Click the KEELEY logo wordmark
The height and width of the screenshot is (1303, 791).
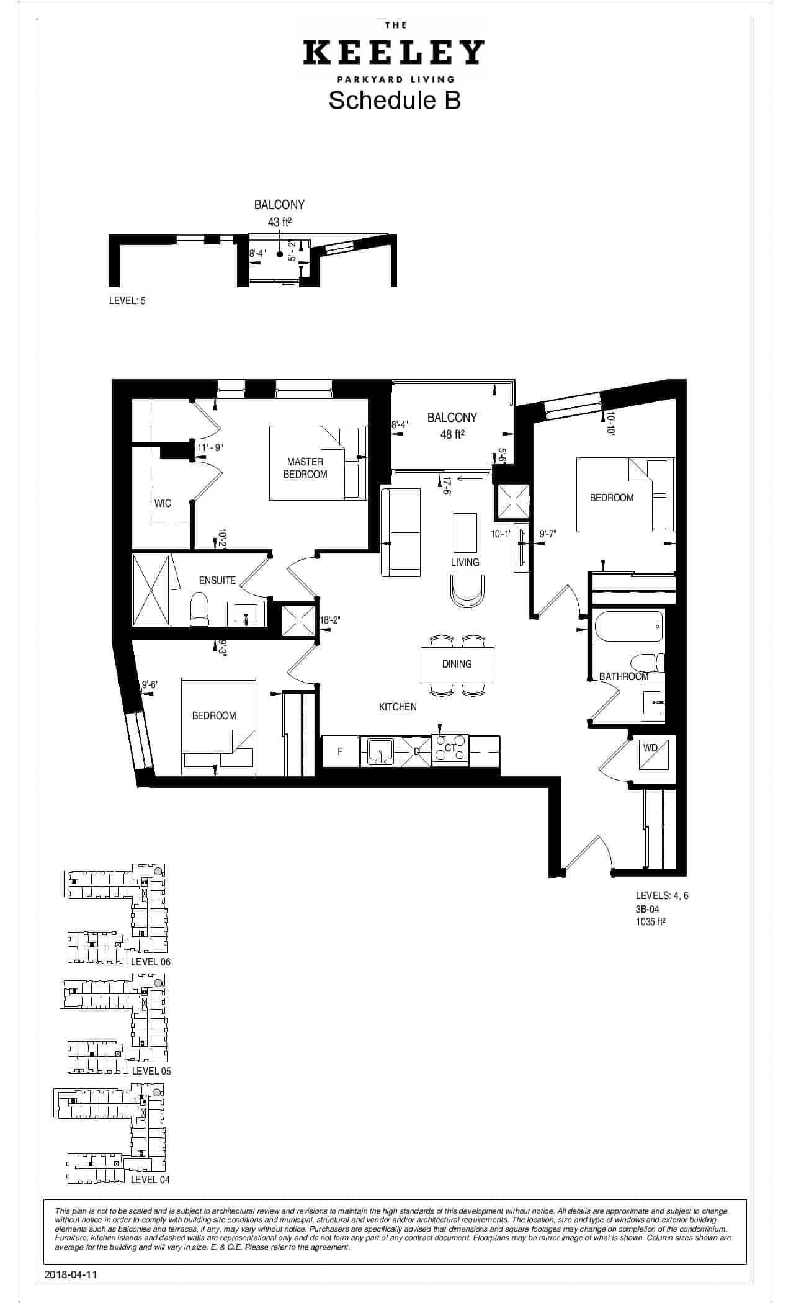pos(394,53)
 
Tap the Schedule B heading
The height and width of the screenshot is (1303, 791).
pos(395,101)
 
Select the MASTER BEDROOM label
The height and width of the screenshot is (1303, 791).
pos(305,468)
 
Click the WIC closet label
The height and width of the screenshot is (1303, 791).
pos(163,503)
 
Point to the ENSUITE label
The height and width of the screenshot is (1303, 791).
pos(217,580)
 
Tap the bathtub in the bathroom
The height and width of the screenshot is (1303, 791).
pos(629,626)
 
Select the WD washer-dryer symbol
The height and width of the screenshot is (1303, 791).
pos(651,752)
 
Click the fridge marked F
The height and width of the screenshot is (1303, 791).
pos(340,751)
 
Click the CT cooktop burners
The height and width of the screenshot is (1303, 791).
pos(450,748)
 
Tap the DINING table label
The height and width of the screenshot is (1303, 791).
pos(457,664)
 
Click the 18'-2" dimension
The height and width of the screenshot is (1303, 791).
pos(330,620)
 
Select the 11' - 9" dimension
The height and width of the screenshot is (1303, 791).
pos(210,447)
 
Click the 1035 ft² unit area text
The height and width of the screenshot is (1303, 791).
pos(650,922)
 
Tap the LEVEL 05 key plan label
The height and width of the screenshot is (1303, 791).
pos(151,1071)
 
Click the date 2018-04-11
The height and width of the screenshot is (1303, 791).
pos(71,1274)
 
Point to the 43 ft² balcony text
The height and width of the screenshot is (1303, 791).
pos(280,222)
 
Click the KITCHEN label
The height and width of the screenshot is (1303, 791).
pos(398,707)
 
